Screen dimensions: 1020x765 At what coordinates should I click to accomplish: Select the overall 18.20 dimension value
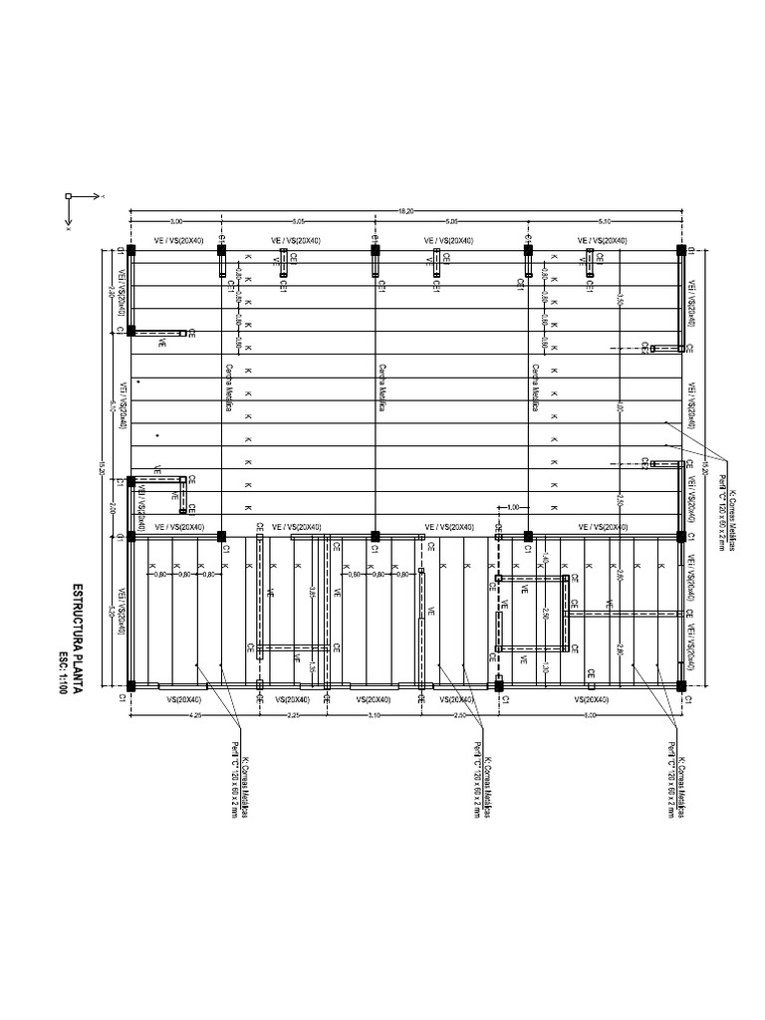pos(404,210)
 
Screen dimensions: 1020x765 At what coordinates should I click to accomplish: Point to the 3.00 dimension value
pos(176,220)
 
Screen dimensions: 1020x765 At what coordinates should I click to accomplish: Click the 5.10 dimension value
pos(604,220)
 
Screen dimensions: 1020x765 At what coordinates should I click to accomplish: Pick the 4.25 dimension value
pos(196,714)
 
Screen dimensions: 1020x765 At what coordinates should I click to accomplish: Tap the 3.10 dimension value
pos(374,714)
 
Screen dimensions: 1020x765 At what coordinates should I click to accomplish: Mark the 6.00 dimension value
pos(590,714)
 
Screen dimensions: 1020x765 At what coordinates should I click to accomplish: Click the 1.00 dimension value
pos(512,508)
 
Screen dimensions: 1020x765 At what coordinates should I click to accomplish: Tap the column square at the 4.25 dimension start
pos(131,685)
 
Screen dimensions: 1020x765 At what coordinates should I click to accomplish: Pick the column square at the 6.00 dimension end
pos(681,685)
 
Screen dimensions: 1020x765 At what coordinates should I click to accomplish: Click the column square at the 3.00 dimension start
pos(131,250)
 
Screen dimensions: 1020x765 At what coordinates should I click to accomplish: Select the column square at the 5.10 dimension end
pos(681,250)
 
